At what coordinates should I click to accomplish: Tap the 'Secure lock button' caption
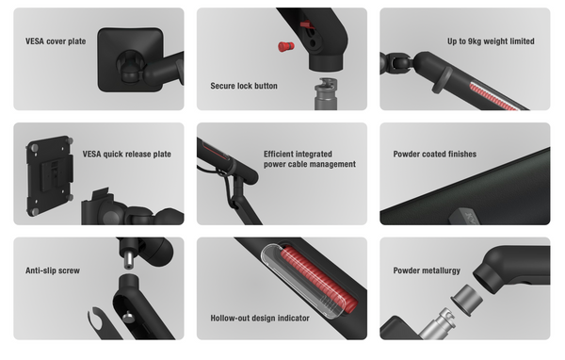tap(244, 86)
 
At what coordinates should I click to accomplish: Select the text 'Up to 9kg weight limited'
tap(491, 41)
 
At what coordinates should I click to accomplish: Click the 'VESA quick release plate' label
tap(127, 154)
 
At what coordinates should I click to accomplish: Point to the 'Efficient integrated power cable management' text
tap(310, 158)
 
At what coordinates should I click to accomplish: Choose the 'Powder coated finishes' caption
tap(435, 154)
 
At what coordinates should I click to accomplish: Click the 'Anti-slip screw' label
tap(53, 270)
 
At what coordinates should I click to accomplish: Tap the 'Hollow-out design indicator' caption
tap(260, 318)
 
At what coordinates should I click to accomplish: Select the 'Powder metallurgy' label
tap(427, 270)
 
